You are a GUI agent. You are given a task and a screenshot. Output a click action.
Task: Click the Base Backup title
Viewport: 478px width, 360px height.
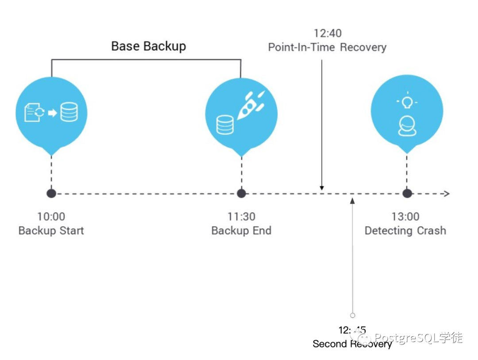(148, 46)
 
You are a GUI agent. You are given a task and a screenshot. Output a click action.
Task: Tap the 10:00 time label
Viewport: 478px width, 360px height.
(51, 217)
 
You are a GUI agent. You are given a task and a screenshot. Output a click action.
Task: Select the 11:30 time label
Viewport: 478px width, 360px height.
(242, 217)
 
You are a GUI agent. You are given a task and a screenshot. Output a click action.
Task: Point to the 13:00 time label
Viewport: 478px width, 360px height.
(405, 217)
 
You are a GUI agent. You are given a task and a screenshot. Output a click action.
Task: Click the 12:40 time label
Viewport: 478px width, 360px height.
(328, 33)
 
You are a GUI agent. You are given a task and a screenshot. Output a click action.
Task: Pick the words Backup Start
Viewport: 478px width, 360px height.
(51, 231)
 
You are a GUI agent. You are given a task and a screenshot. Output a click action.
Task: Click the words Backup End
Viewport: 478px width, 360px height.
(242, 231)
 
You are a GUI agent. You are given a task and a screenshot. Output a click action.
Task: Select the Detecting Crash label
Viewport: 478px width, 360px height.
(405, 231)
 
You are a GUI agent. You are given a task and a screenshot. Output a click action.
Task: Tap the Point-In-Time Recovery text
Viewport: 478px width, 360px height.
(328, 47)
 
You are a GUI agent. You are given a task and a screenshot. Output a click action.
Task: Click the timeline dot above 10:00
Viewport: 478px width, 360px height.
(51, 194)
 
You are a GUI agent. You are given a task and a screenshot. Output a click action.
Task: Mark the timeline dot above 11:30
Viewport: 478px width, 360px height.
(242, 194)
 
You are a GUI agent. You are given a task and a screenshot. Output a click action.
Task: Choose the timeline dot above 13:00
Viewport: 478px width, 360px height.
(407, 194)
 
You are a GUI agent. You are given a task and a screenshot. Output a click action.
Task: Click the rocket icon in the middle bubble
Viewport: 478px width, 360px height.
(251, 105)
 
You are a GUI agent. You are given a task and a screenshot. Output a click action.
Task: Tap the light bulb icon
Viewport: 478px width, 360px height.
(407, 101)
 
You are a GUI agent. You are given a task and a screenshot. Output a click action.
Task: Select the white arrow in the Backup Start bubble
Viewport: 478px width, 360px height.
(52, 113)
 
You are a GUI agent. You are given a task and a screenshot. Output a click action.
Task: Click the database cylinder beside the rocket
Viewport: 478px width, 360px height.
(225, 125)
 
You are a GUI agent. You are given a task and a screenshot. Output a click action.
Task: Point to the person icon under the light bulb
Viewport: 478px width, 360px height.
(407, 126)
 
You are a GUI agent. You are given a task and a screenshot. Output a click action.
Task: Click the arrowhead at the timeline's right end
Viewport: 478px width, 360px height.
(447, 194)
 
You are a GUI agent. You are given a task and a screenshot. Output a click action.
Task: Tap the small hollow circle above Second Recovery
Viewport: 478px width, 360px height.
(353, 315)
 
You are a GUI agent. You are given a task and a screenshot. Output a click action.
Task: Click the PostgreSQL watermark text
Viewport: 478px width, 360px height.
(418, 338)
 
